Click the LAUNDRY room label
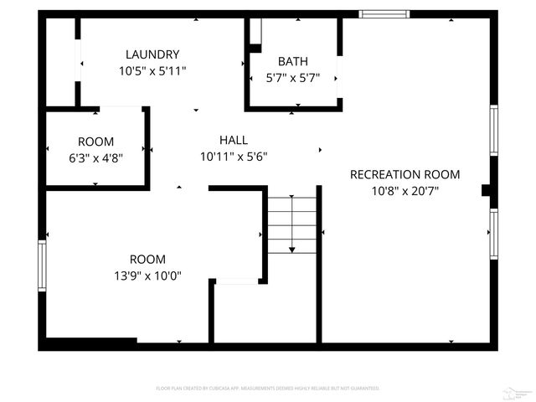pyautogui.click(x=152, y=54)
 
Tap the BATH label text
pyautogui.click(x=292, y=61)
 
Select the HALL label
pyautogui.click(x=233, y=140)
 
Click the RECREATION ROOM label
pyautogui.click(x=405, y=174)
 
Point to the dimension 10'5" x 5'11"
pyautogui.click(x=152, y=71)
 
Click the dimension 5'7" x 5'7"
pyautogui.click(x=292, y=78)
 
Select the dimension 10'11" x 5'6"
pyautogui.click(x=233, y=157)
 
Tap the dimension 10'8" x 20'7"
pyautogui.click(x=405, y=191)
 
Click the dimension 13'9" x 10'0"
pyautogui.click(x=147, y=276)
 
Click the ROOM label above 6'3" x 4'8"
pyautogui.click(x=95, y=142)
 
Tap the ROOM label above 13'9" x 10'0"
pyautogui.click(x=147, y=259)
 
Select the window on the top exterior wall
pyautogui.click(x=384, y=13)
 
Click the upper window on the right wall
pyautogui.click(x=493, y=130)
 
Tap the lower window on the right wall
pyautogui.click(x=493, y=234)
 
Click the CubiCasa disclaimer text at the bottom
pyautogui.click(x=268, y=389)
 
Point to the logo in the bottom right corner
pyautogui.click(x=519, y=390)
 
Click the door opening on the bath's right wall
pyautogui.click(x=339, y=78)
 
